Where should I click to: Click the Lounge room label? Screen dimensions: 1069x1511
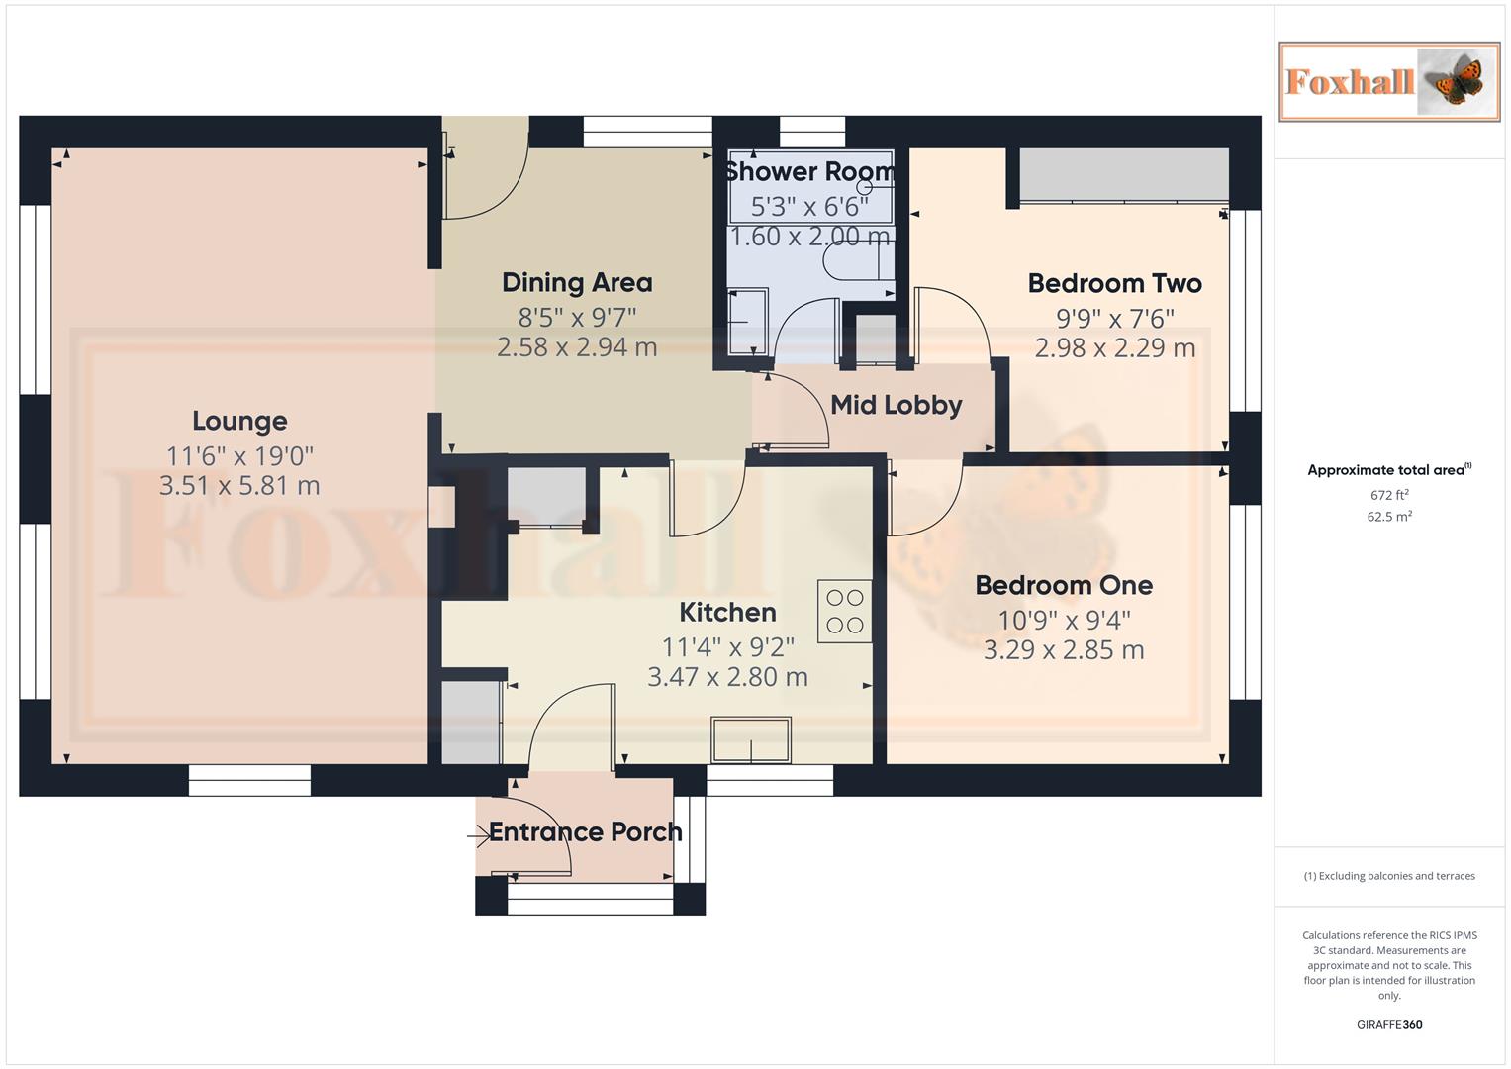click(x=239, y=421)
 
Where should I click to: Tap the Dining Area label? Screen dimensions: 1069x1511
click(x=577, y=283)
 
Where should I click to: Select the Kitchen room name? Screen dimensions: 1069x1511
click(x=727, y=612)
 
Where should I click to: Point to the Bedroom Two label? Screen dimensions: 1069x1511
click(x=1114, y=284)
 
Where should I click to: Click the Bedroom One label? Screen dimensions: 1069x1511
click(x=1064, y=585)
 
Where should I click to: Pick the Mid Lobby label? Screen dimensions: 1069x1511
click(x=896, y=405)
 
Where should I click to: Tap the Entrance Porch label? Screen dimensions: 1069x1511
click(x=585, y=832)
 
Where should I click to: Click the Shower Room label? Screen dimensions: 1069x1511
click(x=809, y=172)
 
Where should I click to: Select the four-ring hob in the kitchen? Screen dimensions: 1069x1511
click(x=844, y=611)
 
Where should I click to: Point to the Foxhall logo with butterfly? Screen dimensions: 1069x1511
click(x=1388, y=82)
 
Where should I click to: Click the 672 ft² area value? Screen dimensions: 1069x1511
click(x=1389, y=495)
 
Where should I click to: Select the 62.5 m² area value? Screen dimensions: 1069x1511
click(x=1389, y=517)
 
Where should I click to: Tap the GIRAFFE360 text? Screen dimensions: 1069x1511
click(x=1389, y=1025)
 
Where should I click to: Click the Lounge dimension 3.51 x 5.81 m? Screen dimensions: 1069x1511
click(x=239, y=486)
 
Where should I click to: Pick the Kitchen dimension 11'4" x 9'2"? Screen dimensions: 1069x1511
click(x=727, y=647)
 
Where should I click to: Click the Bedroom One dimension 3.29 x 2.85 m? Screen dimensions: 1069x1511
click(x=1064, y=650)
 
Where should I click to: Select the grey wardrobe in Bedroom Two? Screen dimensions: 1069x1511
click(x=1124, y=175)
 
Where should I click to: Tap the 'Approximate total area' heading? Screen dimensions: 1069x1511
click(x=1388, y=470)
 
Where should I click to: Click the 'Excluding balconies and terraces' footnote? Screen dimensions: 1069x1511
click(x=1389, y=876)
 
